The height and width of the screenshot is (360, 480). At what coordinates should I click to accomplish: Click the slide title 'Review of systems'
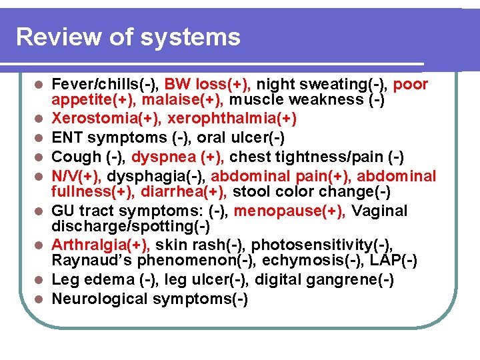(128, 37)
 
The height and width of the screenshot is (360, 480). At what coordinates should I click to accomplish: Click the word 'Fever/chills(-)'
(105, 85)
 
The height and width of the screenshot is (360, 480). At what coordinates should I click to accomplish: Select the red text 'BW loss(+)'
(207, 85)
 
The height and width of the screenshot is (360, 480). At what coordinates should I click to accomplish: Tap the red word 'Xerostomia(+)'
(106, 119)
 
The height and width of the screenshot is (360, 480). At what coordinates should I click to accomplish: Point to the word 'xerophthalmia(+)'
(232, 119)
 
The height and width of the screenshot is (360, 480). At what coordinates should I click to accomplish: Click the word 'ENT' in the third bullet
(67, 137)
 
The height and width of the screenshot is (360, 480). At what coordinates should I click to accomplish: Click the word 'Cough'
(75, 157)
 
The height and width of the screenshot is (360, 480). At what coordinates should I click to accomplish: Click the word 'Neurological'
(100, 299)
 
